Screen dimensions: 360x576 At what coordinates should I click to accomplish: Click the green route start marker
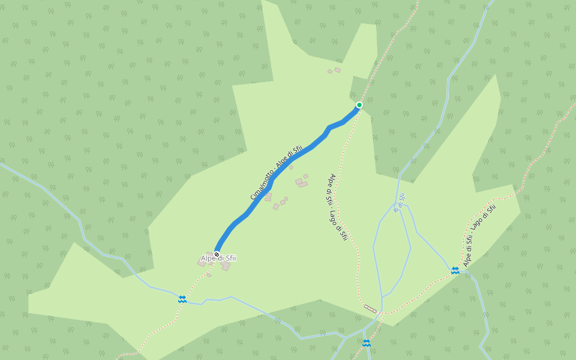(x=359, y=105)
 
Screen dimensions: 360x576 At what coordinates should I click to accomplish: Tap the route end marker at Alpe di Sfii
(x=217, y=254)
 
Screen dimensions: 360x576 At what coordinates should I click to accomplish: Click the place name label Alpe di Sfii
(x=218, y=259)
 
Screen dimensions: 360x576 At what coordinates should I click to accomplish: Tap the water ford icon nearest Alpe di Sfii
(x=182, y=299)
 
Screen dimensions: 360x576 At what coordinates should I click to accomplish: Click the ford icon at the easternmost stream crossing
(x=455, y=271)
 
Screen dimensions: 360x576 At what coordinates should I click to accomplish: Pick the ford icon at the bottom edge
(x=366, y=343)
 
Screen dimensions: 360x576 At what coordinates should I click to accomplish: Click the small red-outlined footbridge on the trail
(x=370, y=308)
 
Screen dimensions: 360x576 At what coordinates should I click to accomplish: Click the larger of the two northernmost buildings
(x=337, y=70)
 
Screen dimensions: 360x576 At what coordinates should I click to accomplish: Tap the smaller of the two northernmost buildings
(x=329, y=72)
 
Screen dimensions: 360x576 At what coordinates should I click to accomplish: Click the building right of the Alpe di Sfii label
(x=226, y=266)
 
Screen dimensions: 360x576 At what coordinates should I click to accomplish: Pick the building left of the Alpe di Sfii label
(x=202, y=263)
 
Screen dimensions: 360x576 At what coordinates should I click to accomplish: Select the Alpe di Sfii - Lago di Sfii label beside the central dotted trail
(x=337, y=207)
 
